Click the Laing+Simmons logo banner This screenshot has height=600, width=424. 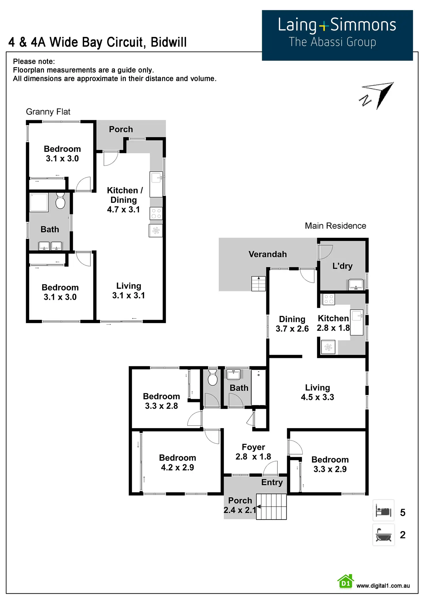pyautogui.click(x=337, y=35)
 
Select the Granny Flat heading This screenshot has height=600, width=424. pyautogui.click(x=48, y=112)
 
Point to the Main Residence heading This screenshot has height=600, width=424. pyautogui.click(x=335, y=226)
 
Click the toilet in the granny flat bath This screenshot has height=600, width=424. pyautogui.click(x=60, y=201)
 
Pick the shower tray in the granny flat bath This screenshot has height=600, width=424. pyautogui.click(x=39, y=203)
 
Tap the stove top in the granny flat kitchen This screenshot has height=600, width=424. pyautogui.click(x=156, y=214)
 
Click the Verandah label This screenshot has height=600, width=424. pyautogui.click(x=268, y=254)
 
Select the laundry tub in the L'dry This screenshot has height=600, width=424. pyautogui.click(x=356, y=284)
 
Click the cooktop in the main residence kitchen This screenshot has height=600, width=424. pyautogui.click(x=329, y=299)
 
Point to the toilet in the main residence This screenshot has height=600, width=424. pyautogui.click(x=213, y=378)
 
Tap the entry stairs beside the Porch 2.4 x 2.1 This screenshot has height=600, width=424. pyautogui.click(x=271, y=507)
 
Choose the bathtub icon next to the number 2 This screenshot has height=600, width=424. pyautogui.click(x=383, y=535)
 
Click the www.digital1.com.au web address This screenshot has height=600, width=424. pyautogui.click(x=383, y=586)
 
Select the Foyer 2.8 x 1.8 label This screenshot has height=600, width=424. pyautogui.click(x=253, y=452)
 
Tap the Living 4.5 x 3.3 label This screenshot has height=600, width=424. pyautogui.click(x=317, y=392)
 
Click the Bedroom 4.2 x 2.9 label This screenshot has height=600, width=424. pyautogui.click(x=177, y=463)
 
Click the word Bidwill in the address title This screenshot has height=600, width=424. pyautogui.click(x=169, y=42)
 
